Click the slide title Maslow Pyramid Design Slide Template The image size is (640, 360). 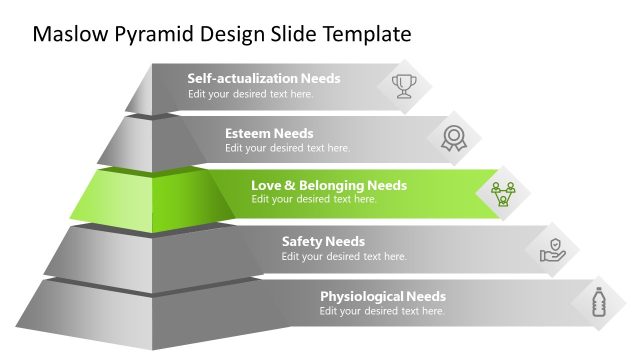[x=222, y=34]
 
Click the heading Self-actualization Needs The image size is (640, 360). [x=264, y=78]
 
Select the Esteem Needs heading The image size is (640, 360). [x=269, y=133]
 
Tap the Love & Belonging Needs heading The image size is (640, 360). [x=328, y=185]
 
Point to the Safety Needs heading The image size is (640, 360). [x=323, y=241]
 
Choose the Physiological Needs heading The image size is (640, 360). [x=382, y=296]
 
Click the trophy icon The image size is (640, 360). [x=404, y=85]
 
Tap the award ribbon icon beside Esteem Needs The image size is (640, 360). [x=454, y=139]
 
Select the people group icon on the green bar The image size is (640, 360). [x=502, y=192]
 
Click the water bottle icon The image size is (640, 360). [x=599, y=302]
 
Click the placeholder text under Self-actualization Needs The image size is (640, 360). [x=250, y=94]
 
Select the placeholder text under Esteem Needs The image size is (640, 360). [x=287, y=148]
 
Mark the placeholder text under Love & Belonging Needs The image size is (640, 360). [x=313, y=199]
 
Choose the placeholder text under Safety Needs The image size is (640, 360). [x=344, y=256]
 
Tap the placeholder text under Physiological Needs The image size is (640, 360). [x=382, y=311]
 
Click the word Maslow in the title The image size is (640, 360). [x=66, y=34]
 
